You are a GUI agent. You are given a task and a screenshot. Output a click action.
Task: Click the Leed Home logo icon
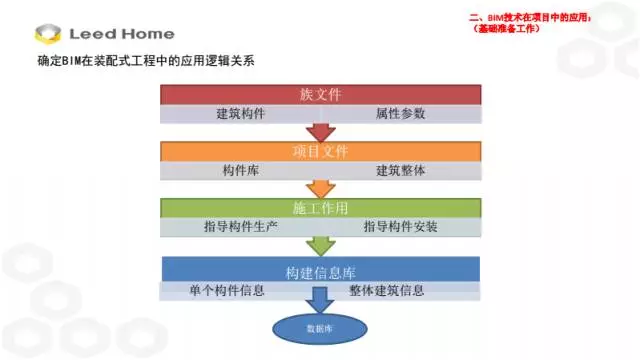[48, 33]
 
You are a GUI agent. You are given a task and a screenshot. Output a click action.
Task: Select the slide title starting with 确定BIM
[145, 63]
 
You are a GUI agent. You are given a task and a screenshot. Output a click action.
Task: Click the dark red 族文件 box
[320, 95]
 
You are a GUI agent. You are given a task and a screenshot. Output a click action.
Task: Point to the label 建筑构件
[241, 114]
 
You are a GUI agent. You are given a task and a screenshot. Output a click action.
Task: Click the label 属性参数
[400, 114]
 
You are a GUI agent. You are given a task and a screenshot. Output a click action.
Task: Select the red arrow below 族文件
[320, 132]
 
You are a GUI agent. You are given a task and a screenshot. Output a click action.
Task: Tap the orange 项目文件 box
[320, 151]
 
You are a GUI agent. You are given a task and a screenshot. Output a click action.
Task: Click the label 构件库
[241, 170]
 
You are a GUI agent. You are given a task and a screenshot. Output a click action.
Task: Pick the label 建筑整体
[400, 170]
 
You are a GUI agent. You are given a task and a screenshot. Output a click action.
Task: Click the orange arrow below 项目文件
[320, 188]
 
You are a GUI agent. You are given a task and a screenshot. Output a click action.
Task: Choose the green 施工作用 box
[320, 208]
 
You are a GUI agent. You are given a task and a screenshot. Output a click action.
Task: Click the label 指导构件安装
[400, 227]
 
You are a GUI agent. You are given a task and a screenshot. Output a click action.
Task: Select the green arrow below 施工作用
[320, 246]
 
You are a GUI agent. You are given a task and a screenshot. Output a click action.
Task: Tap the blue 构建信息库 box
[320, 270]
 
